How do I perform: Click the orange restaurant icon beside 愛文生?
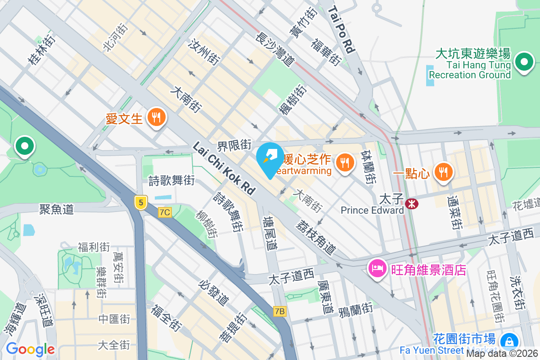[157, 118]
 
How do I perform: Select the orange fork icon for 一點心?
[444, 171]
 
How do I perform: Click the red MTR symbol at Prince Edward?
[411, 204]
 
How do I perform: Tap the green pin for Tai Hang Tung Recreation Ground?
[524, 63]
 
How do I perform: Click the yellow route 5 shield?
[141, 203]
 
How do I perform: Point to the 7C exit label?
[165, 212]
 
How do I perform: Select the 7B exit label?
[279, 311]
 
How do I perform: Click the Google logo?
[30, 349]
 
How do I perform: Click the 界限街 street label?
[234, 145]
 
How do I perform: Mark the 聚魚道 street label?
[56, 209]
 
